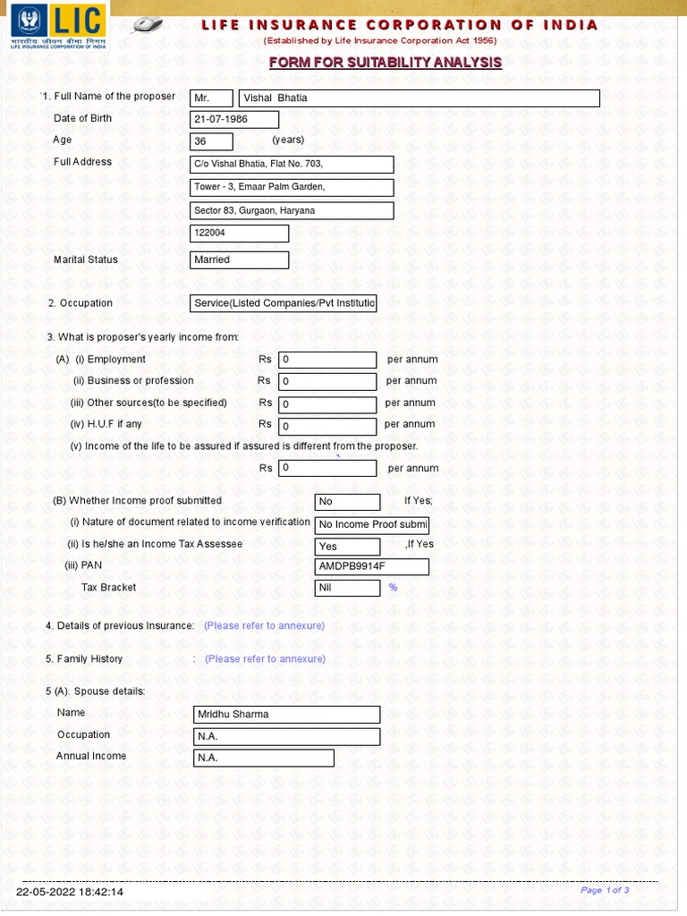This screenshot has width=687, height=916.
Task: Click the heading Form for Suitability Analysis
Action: pos(386,63)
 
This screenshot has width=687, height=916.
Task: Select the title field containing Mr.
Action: pos(211,98)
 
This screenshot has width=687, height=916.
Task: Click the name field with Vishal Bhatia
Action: pos(419,98)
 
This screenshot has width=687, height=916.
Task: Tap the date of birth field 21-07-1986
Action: pos(234,120)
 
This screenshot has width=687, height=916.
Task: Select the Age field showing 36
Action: pos(211,141)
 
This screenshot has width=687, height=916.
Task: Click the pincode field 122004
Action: pos(240,233)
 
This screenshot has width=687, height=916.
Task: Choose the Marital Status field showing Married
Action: pos(240,260)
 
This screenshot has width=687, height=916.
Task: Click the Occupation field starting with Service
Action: pos(284,304)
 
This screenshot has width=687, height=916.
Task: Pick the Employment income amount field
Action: pos(327,360)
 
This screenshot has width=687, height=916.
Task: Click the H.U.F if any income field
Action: pos(327,427)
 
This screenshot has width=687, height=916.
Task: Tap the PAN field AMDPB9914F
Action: pos(371,567)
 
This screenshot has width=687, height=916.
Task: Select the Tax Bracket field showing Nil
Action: pos(347,589)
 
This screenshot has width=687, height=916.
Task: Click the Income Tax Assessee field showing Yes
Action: pos(347,546)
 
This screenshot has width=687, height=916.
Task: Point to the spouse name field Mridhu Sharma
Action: pos(286,715)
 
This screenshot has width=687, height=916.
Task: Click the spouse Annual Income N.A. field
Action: pos(264,759)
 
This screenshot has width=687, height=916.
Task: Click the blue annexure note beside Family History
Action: pos(265,659)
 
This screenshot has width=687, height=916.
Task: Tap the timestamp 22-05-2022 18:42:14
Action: pos(70,892)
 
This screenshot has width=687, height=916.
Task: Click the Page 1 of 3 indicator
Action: pos(605,890)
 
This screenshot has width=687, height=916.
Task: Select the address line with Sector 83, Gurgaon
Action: pos(293,211)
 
